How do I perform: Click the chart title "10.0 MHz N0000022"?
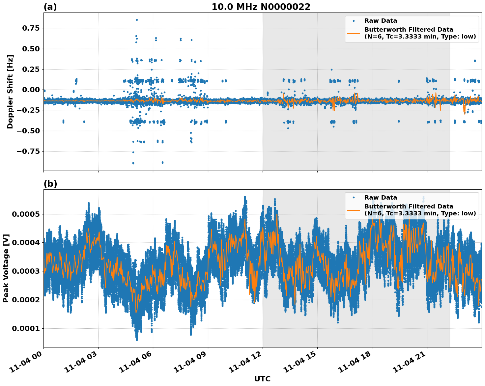261,7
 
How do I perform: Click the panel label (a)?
50,7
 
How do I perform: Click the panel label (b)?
50,184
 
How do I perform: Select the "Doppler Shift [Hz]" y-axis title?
10,92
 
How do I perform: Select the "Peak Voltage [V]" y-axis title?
6,268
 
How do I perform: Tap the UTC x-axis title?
262,379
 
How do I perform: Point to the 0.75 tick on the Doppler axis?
31,28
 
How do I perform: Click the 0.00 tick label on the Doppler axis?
31,90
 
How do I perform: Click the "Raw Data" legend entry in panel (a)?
381,21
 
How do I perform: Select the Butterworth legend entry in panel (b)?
420,210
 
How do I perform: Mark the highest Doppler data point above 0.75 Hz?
137,20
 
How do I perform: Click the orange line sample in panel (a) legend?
354,33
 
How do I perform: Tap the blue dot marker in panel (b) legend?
354,198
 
